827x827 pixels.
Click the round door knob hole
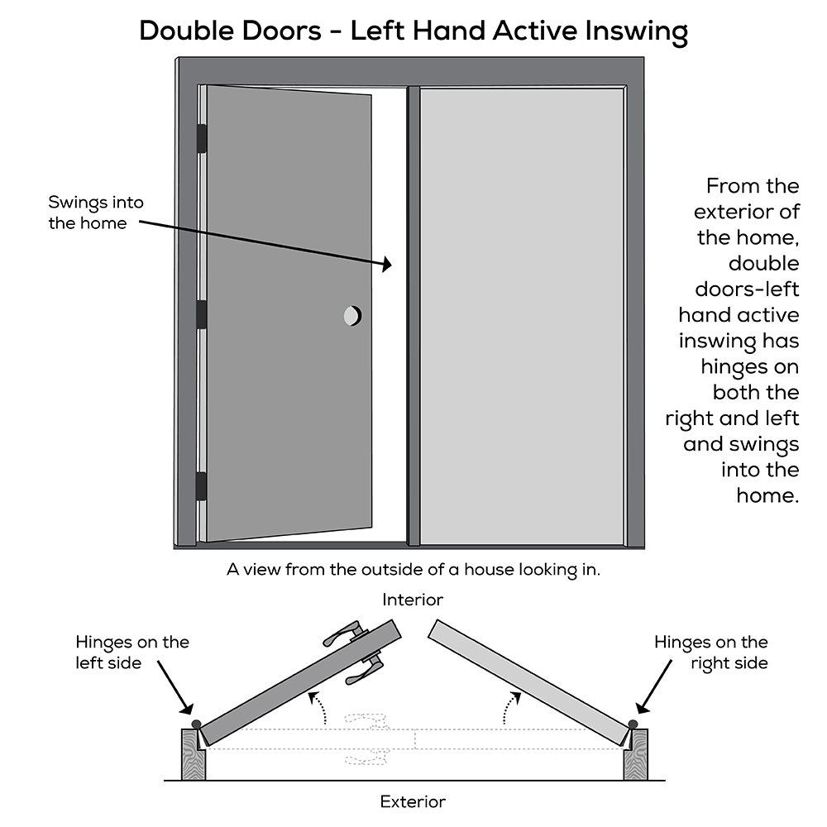click(352, 315)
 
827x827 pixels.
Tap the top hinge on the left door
click(200, 139)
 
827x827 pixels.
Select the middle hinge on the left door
click(200, 314)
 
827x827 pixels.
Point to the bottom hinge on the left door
click(200, 485)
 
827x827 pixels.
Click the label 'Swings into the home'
click(88, 213)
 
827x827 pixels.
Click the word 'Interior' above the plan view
click(413, 600)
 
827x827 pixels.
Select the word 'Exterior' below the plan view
click(413, 801)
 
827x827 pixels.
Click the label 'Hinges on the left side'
click(132, 653)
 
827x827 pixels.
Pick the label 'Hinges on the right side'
click(710, 653)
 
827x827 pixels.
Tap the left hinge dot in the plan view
click(196, 724)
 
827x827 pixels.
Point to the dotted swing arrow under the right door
click(512, 707)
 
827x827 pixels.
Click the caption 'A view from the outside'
click(413, 570)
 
